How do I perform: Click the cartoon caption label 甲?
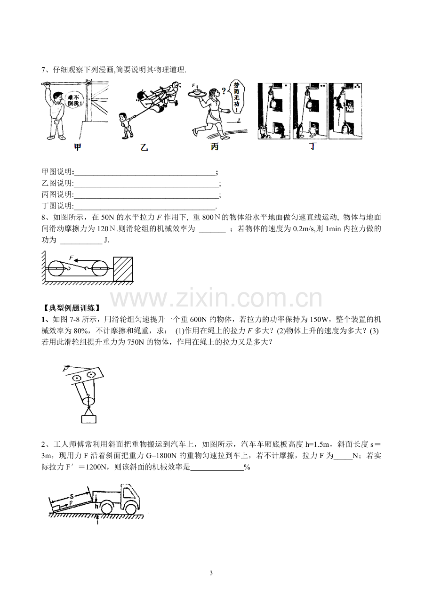pyautogui.click(x=78, y=147)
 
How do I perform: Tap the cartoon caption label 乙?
pyautogui.click(x=144, y=148)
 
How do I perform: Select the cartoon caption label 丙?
pyautogui.click(x=215, y=147)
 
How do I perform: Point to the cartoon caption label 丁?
pyautogui.click(x=313, y=146)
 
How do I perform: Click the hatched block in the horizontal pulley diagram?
pyautogui.click(x=123, y=269)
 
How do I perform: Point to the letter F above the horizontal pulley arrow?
pyautogui.click(x=72, y=258)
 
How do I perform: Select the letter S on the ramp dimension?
pyautogui.click(x=72, y=496)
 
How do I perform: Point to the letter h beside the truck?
pyautogui.click(x=96, y=507)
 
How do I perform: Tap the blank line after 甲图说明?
pyautogui.click(x=145, y=175)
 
